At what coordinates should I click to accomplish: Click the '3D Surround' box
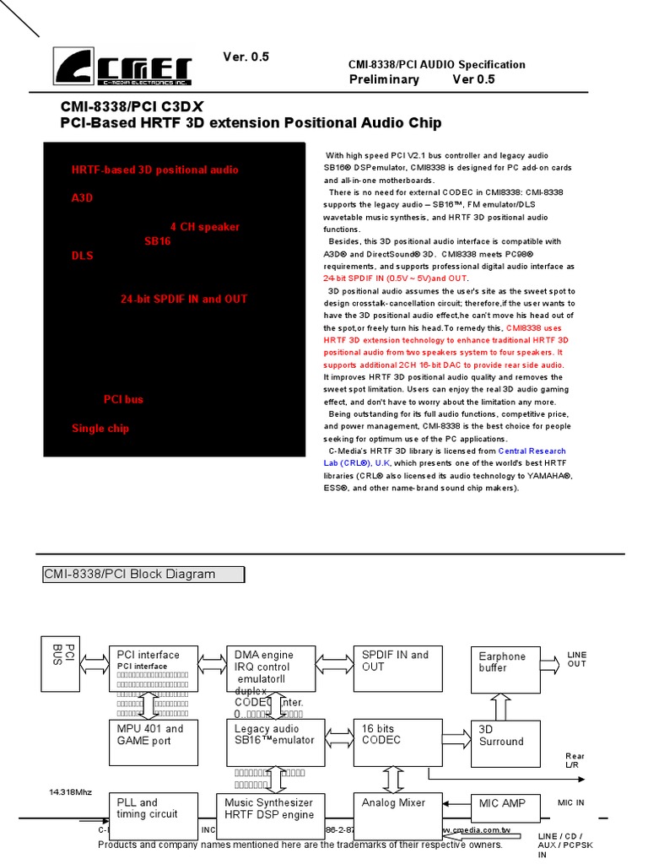point(504,741)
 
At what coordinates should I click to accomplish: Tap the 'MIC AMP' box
point(503,809)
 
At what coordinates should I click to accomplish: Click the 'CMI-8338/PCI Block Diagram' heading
point(143,575)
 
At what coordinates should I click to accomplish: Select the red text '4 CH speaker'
point(204,227)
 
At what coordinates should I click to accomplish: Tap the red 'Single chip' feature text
point(100,429)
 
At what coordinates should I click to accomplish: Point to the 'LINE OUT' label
point(577,659)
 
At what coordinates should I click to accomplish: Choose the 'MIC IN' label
point(571,803)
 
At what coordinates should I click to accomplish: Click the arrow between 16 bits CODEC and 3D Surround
point(456,737)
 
